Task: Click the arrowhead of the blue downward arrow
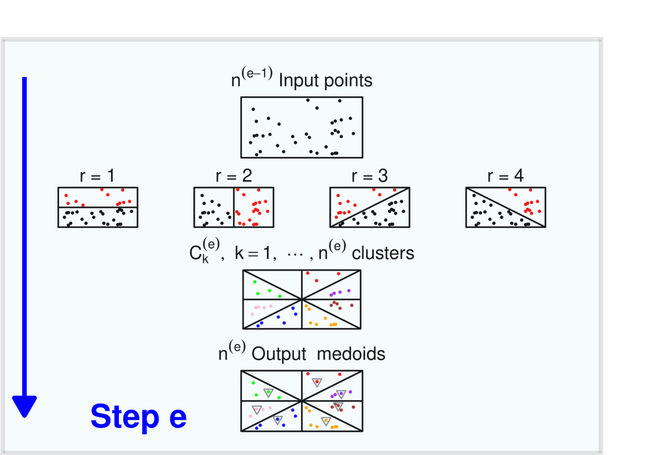(x=24, y=407)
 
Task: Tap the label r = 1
(x=97, y=176)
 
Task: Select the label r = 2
(x=233, y=176)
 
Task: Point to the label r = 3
(x=370, y=176)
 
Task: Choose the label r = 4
(x=505, y=176)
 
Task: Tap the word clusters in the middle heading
(x=383, y=253)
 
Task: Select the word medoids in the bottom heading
(x=351, y=354)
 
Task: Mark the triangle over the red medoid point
(x=317, y=382)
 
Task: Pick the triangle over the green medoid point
(x=268, y=392)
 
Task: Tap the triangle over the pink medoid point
(x=257, y=410)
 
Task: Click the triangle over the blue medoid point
(x=278, y=420)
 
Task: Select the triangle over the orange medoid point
(x=326, y=421)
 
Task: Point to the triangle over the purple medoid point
(x=341, y=394)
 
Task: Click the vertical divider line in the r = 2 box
(x=233, y=207)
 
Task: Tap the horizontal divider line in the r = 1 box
(x=97, y=207)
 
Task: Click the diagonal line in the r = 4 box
(x=505, y=207)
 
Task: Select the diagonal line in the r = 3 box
(x=370, y=207)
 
